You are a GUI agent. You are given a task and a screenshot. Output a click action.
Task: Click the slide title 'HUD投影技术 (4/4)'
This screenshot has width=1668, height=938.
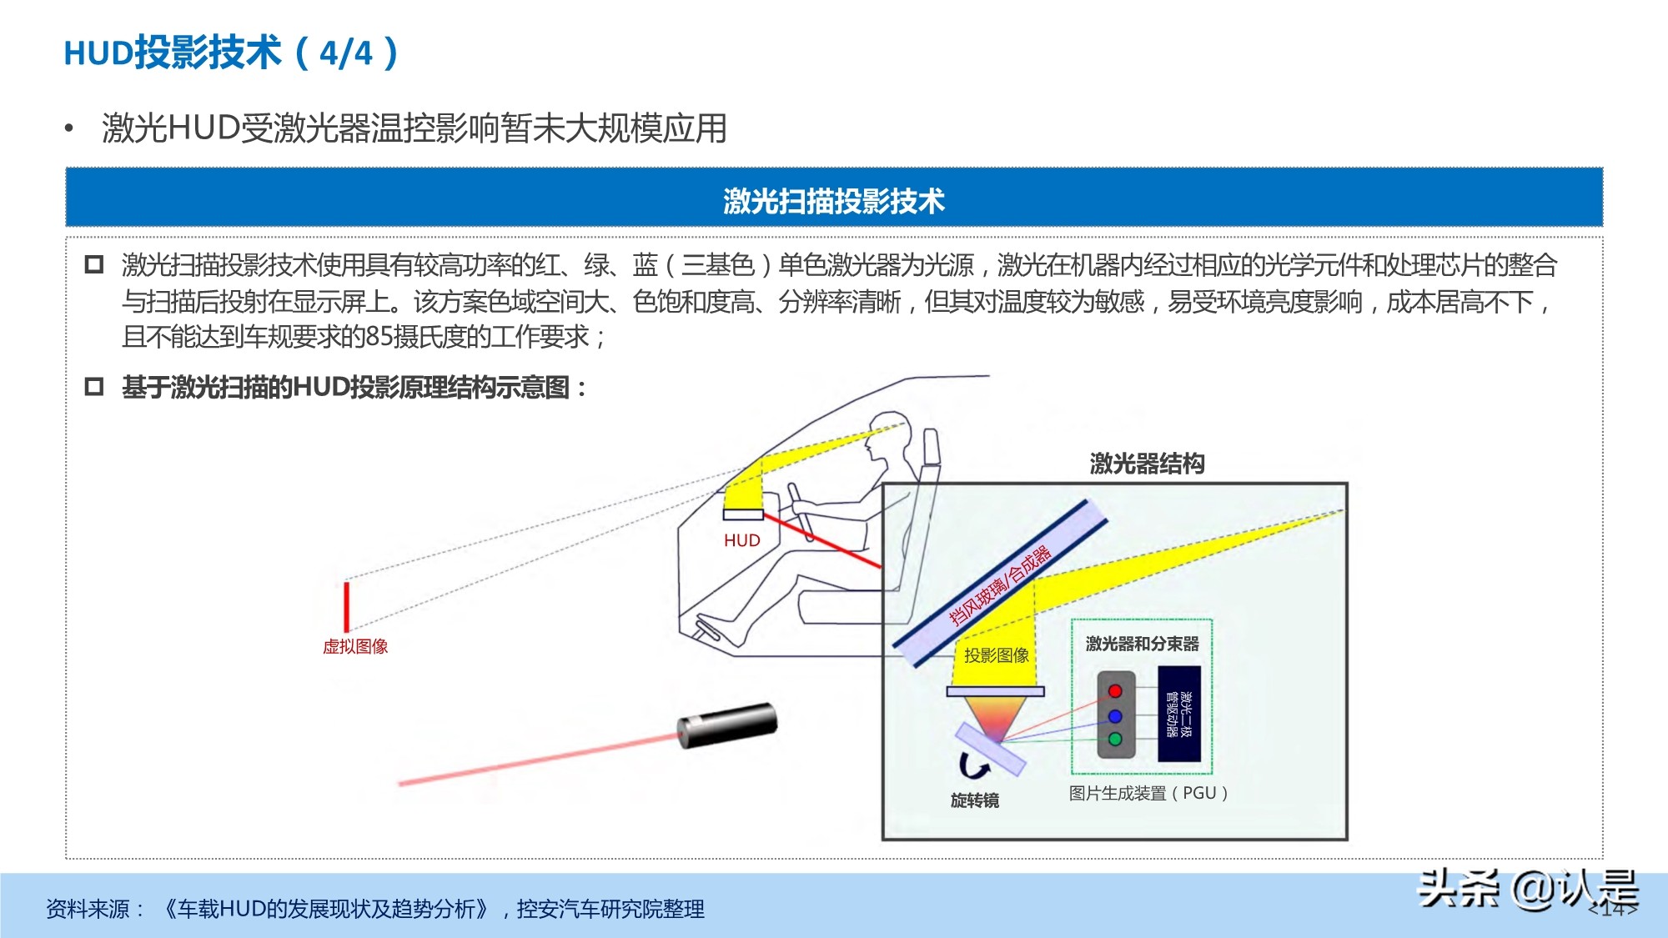point(231,53)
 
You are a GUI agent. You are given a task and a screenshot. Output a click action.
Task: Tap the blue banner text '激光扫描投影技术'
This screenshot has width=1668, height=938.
point(834,201)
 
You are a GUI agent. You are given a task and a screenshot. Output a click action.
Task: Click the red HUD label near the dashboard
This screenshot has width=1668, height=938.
point(741,540)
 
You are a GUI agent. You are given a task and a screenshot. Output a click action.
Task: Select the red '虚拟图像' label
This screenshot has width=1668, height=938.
point(355,646)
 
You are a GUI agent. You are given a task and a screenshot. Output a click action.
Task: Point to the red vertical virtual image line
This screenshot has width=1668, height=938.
point(346,606)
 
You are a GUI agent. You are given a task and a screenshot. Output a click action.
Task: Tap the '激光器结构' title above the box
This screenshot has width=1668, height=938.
point(1147,464)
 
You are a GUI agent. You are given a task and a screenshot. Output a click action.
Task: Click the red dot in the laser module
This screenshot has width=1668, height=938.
point(1115,691)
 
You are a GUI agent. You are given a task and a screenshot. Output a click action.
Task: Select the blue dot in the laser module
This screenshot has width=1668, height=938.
point(1115,716)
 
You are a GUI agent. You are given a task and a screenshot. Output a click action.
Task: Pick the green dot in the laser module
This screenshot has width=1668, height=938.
point(1115,739)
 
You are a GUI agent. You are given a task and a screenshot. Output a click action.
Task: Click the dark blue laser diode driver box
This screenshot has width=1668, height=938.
point(1179,714)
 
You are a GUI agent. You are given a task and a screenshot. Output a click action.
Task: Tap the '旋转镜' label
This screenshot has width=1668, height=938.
point(974,800)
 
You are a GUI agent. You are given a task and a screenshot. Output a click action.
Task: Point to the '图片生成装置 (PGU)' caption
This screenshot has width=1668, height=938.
point(1148,793)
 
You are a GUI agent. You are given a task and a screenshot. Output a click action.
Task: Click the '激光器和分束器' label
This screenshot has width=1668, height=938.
point(1142,644)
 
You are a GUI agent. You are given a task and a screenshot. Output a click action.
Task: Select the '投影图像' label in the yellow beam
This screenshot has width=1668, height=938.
point(996,655)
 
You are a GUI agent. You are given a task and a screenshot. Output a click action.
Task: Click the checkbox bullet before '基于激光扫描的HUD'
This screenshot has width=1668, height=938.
point(94,387)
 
